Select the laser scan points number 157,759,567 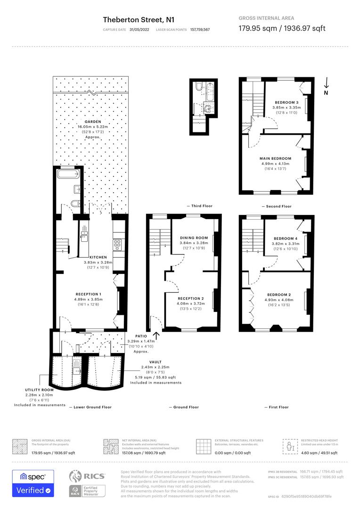click(x=200, y=29)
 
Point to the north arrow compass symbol click(x=326, y=86)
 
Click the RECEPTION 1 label click(x=88, y=294)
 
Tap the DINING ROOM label click(x=194, y=238)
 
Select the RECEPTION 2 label click(x=191, y=298)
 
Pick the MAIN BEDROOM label click(x=275, y=158)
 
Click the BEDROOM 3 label click(x=286, y=102)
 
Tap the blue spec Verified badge click(x=33, y=483)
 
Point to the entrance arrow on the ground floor click(x=155, y=336)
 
